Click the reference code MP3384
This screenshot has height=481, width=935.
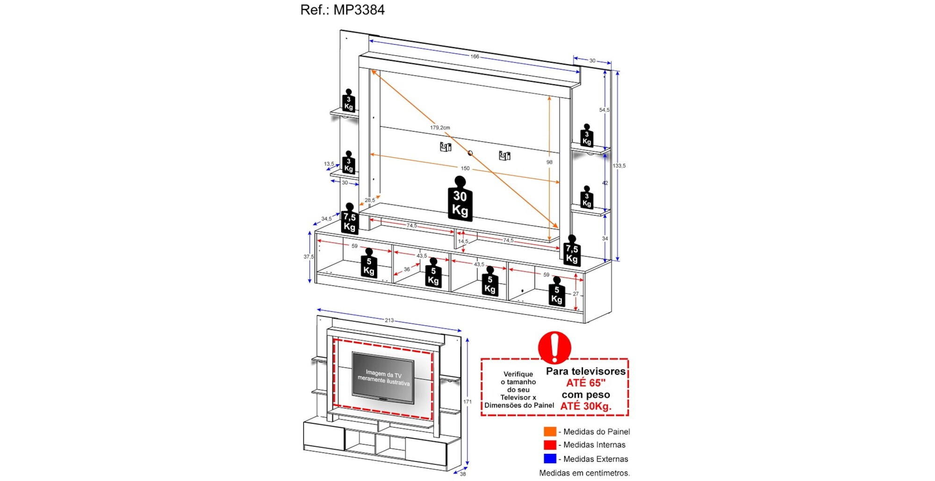[x=359, y=10]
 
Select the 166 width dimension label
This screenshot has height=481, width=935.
[x=475, y=57]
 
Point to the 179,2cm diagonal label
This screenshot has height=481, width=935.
[x=440, y=127]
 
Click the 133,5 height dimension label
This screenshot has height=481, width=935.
[x=619, y=166]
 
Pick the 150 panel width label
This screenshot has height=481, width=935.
[x=465, y=168]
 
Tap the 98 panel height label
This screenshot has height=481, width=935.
[x=549, y=162]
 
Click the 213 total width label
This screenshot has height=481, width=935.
[x=389, y=321]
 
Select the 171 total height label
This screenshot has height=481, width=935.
[x=467, y=402]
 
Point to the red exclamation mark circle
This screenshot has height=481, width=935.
[x=554, y=348]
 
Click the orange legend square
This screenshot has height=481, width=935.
[x=550, y=431]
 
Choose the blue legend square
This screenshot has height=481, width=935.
[x=550, y=459]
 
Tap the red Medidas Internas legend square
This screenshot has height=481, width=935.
[x=550, y=445]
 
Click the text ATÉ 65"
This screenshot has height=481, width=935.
[x=585, y=383]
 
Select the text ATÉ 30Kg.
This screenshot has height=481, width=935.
[x=585, y=406]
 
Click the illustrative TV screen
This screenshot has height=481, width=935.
[x=383, y=377]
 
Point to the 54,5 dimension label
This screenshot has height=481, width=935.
[x=604, y=110]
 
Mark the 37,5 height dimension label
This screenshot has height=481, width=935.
[x=309, y=257]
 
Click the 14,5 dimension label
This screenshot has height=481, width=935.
[x=463, y=241]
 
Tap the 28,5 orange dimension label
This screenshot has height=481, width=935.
[x=370, y=200]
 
